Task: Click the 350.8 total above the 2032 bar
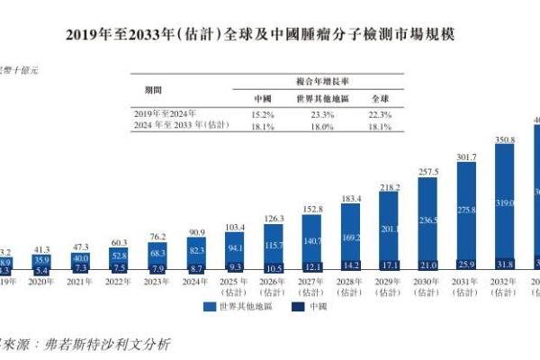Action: coord(504,140)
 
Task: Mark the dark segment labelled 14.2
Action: coord(351,265)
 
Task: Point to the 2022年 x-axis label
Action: coord(119,282)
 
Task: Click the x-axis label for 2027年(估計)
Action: coord(312,286)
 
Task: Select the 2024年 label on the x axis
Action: coord(196,282)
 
